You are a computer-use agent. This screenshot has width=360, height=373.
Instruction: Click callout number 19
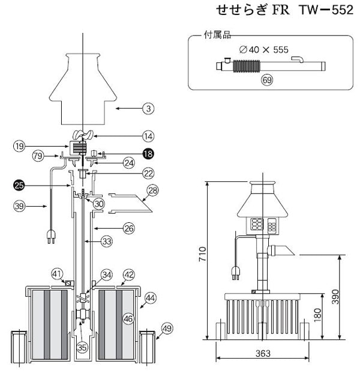pos(20,145)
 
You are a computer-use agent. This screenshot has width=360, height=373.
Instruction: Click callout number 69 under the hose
pos(267,79)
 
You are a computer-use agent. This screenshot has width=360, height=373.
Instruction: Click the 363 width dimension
pos(261,353)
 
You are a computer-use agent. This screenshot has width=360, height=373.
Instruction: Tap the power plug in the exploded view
pos(49,238)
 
